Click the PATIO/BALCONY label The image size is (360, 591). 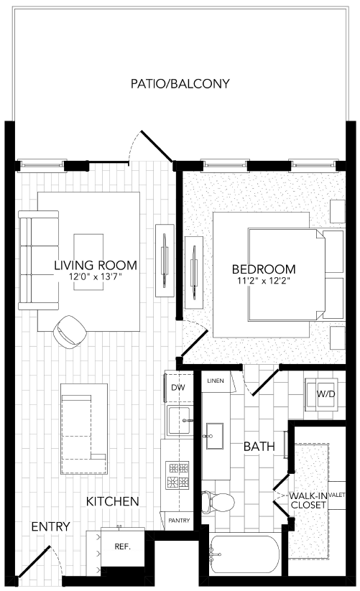pos(180,84)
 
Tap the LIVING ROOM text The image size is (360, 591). pos(96,266)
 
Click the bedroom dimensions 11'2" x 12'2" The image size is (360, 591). pos(264,282)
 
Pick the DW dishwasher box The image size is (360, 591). pos(178,388)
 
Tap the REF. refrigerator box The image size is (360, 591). pos(122,546)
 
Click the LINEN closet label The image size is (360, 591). pos(214,379)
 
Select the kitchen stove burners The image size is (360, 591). pos(177,474)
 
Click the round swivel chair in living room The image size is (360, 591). pos(72,330)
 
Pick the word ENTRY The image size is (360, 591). pos(50,527)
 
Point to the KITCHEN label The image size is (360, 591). pos(113,501)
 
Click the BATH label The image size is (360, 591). pos(259,447)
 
